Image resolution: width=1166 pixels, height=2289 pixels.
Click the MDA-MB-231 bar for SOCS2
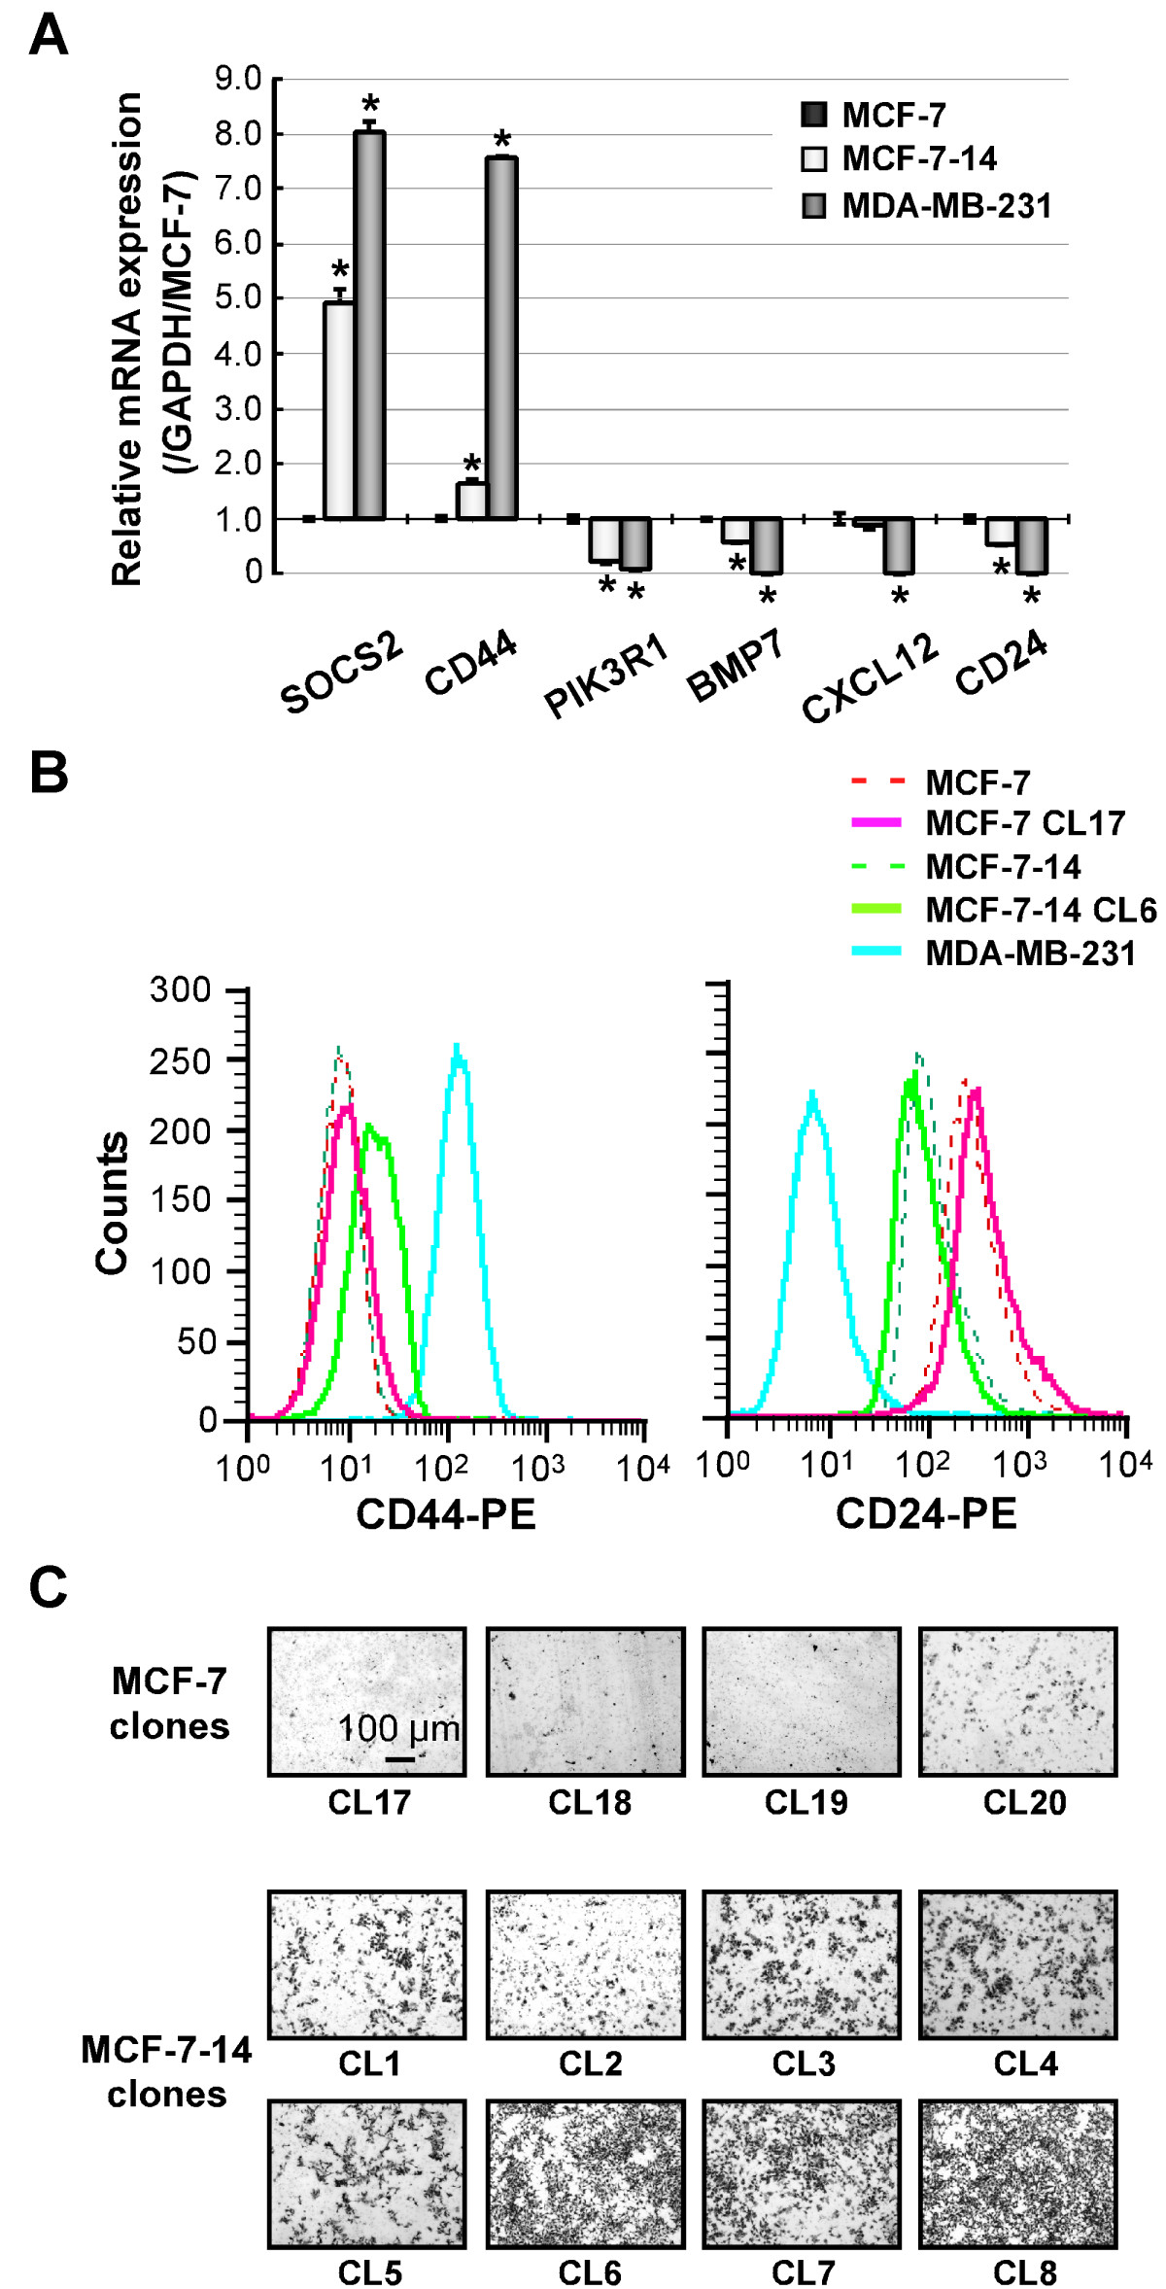[x=369, y=325]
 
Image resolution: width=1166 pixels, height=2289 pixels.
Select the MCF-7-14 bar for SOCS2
[x=338, y=410]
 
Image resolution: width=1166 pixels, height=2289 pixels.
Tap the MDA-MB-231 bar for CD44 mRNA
[x=501, y=337]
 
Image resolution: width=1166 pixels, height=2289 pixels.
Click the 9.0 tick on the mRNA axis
[x=239, y=79]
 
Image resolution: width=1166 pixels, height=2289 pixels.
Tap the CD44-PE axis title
[x=446, y=1514]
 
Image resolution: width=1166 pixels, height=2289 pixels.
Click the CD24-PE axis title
[x=926, y=1514]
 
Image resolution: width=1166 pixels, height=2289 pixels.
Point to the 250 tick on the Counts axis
[x=184, y=1060]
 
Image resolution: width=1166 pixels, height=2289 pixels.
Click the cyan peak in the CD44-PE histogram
[x=457, y=1046]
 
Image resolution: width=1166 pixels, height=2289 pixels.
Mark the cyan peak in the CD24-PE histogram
[x=812, y=1092]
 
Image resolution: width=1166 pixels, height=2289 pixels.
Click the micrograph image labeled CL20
[x=1017, y=1702]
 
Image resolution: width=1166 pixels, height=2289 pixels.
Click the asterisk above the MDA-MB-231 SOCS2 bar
[x=370, y=105]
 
